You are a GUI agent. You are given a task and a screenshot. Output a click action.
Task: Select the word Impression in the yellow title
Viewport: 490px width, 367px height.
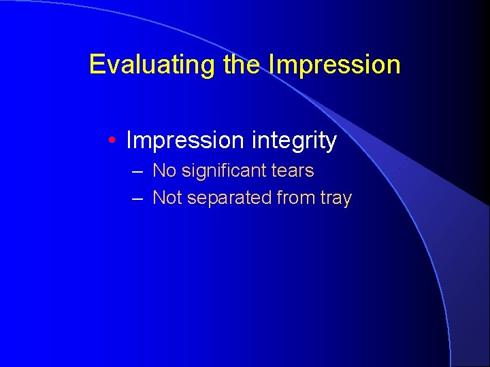click(334, 65)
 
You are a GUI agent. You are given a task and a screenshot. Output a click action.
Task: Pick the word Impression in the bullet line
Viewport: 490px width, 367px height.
click(185, 141)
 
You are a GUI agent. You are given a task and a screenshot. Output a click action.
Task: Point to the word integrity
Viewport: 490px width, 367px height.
click(294, 141)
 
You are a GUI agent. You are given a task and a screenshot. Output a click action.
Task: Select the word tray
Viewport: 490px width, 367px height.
click(337, 198)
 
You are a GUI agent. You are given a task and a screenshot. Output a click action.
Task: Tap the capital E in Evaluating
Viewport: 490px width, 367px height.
click(97, 65)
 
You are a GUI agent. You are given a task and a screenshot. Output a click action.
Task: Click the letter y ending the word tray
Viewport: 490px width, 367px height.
click(347, 200)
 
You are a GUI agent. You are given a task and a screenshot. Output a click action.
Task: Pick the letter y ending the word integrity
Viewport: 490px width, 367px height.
click(331, 143)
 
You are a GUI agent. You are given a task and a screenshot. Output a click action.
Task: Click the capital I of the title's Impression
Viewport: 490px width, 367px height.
click(272, 65)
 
